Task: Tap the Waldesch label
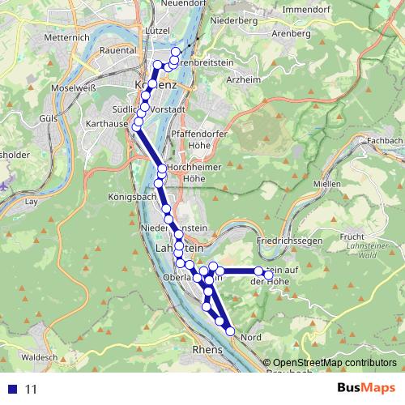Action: click(39, 356)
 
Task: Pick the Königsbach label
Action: click(130, 197)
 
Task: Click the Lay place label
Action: click(32, 200)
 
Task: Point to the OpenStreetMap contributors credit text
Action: click(334, 363)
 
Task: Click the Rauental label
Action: click(117, 50)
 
